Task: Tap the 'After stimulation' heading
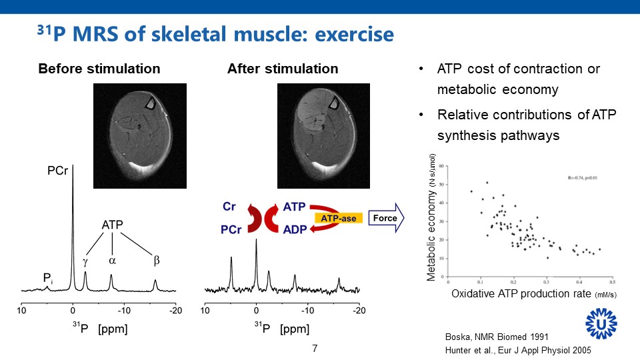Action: [x=283, y=69]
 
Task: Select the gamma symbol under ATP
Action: [x=85, y=262]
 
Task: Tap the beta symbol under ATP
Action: [x=157, y=261]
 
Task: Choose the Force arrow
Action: [x=387, y=218]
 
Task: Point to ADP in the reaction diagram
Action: [x=295, y=229]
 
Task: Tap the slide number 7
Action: [x=315, y=349]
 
